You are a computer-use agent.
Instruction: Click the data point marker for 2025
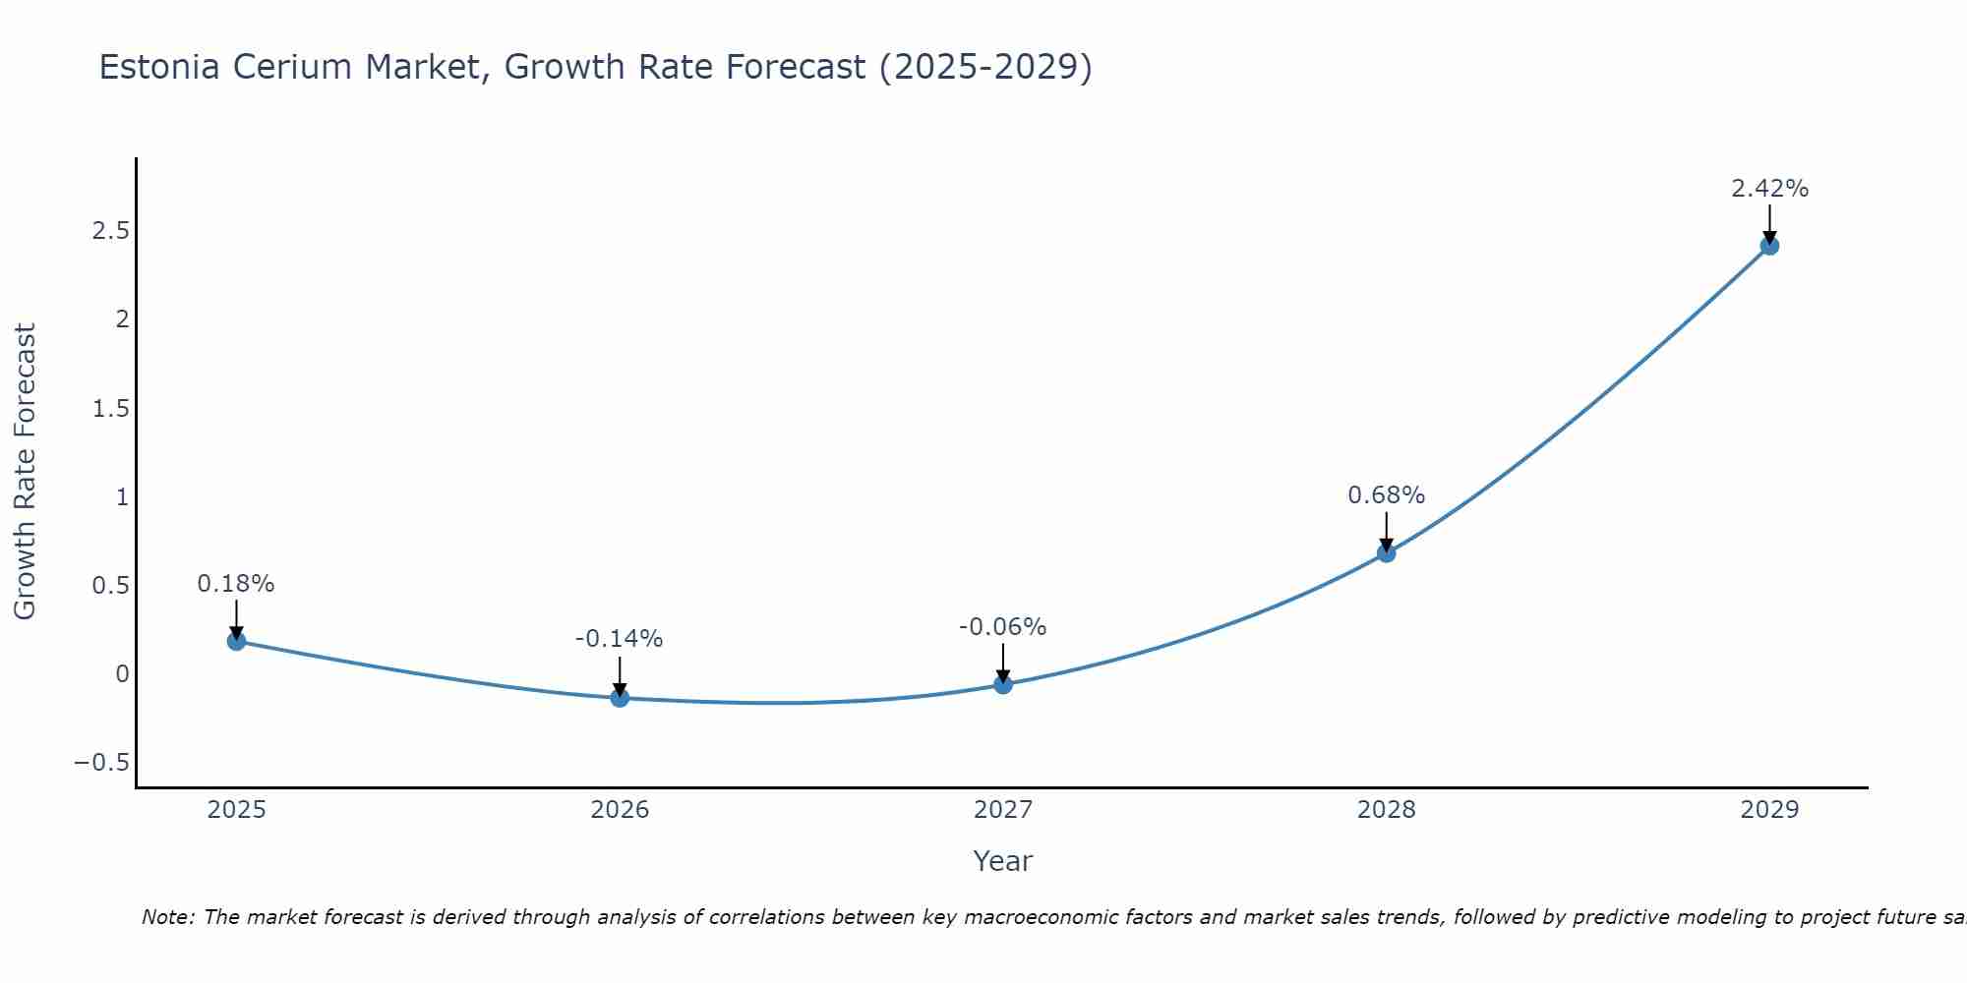[x=236, y=641]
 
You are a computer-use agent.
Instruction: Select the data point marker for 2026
[x=620, y=698]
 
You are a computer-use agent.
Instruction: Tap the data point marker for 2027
[x=1003, y=684]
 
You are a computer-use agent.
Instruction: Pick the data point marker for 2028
[x=1386, y=552]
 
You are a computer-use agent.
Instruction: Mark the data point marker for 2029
[x=1769, y=246]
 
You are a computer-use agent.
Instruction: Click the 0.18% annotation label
[x=236, y=584]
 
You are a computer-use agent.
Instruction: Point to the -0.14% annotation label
[x=619, y=639]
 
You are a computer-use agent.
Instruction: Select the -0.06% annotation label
[x=1002, y=627]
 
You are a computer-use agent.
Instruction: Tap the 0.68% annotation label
[x=1386, y=495]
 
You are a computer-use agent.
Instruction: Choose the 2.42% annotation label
[x=1769, y=189]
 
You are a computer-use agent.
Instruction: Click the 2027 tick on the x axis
[x=1003, y=810]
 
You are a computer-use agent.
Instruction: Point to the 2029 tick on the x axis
[x=1769, y=810]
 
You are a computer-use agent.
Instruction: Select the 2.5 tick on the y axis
[x=111, y=231]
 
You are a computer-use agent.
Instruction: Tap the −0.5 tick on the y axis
[x=101, y=763]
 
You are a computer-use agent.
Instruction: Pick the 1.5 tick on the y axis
[x=111, y=409]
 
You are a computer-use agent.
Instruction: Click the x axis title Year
[x=1002, y=862]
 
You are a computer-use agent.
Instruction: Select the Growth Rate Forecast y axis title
[x=25, y=472]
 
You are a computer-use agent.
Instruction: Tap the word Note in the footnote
[x=167, y=918]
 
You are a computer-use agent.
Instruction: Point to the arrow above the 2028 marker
[x=1386, y=531]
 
